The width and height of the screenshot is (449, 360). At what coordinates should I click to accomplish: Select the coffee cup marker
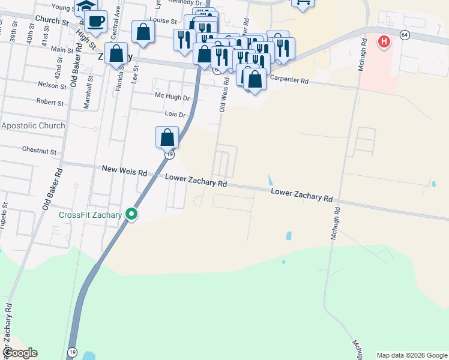click(x=95, y=22)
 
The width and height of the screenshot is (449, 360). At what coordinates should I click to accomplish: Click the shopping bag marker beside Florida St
click(x=116, y=54)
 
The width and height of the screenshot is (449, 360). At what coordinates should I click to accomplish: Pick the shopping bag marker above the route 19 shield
click(x=167, y=137)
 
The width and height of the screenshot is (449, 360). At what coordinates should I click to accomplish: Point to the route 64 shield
click(x=405, y=35)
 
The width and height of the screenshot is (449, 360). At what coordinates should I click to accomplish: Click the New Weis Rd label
click(x=124, y=172)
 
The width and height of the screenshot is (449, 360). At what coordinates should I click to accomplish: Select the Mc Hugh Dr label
click(x=172, y=97)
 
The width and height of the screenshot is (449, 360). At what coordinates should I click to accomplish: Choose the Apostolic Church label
click(x=33, y=125)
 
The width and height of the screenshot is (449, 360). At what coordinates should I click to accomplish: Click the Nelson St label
click(x=51, y=85)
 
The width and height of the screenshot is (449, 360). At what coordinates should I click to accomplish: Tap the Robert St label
click(x=50, y=103)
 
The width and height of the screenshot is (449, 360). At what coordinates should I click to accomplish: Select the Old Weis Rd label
click(x=223, y=97)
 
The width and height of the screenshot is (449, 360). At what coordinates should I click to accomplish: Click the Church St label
click(x=52, y=20)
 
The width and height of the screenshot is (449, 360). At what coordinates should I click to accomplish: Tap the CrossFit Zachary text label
click(x=91, y=215)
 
